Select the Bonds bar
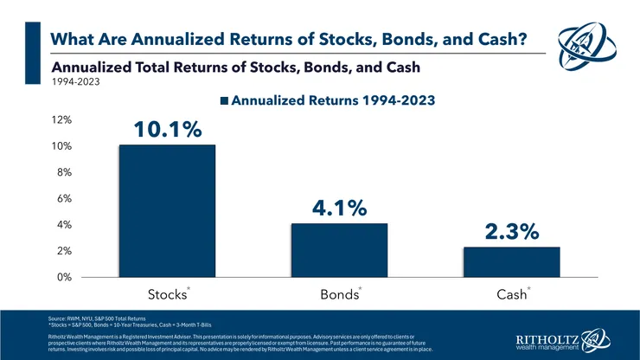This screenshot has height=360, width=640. coord(339,250)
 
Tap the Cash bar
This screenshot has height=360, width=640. coord(511,261)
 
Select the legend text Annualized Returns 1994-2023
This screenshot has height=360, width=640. coord(332,100)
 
